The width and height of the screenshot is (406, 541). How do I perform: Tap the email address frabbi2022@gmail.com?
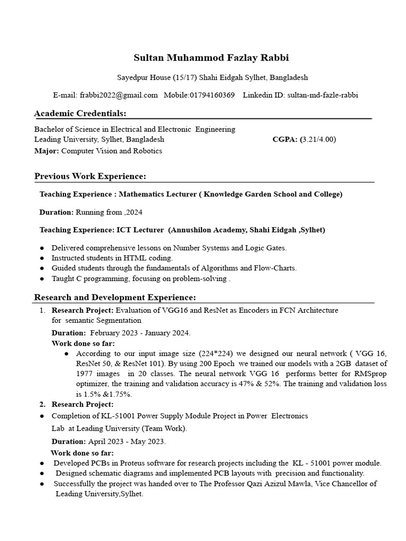[x=119, y=95]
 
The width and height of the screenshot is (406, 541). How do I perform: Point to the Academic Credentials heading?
[x=80, y=114]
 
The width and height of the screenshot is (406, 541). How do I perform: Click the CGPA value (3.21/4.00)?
[x=319, y=139]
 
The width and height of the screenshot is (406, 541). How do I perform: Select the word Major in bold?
[x=46, y=151]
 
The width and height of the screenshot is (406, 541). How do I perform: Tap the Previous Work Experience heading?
[x=90, y=176]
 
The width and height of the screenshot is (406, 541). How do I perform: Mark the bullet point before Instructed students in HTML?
[x=42, y=258]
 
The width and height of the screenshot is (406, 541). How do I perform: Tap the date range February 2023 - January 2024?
[x=140, y=333]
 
